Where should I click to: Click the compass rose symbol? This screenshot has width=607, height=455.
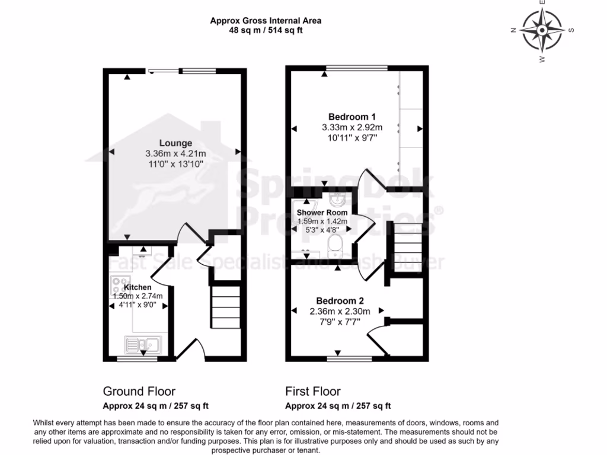pyautogui.click(x=542, y=30)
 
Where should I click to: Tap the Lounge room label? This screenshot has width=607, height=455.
pyautogui.click(x=175, y=143)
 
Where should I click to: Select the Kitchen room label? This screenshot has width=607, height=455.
pyautogui.click(x=137, y=287)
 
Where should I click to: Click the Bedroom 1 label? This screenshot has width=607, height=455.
pyautogui.click(x=352, y=117)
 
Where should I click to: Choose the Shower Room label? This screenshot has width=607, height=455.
pyautogui.click(x=322, y=212)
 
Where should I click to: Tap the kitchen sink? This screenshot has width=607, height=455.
pyautogui.click(x=142, y=344)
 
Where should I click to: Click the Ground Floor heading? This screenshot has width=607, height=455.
pyautogui.click(x=139, y=391)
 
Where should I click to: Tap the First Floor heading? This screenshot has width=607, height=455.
pyautogui.click(x=313, y=391)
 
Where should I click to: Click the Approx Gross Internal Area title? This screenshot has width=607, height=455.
pyautogui.click(x=266, y=21)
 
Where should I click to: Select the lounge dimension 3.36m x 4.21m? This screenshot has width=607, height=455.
pyautogui.click(x=175, y=153)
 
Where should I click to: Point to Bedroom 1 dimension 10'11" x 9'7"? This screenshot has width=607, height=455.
pyautogui.click(x=352, y=137)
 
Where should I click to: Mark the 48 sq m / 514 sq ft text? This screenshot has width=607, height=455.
pyautogui.click(x=266, y=30)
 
